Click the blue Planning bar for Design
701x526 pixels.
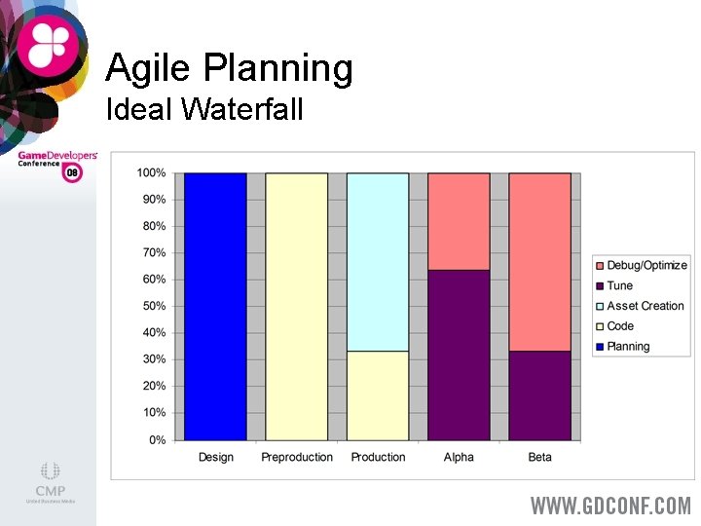pos(215,307)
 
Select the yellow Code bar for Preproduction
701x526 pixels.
pos(297,307)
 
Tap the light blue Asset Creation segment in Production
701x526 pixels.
pos(378,262)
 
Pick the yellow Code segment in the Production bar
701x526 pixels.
pos(378,395)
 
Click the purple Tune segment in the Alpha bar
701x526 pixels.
pos(459,355)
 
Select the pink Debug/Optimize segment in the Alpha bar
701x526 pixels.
pos(459,221)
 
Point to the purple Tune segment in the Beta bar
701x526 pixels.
pos(539,395)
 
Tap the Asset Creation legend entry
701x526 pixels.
pos(645,306)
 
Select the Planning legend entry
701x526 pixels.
pos(627,347)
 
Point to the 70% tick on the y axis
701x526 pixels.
pos(152,252)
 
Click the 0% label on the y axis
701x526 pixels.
pos(156,440)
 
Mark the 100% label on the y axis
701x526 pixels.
pos(150,172)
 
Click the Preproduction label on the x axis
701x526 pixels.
pos(297,458)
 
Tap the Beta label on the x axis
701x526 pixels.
pos(539,458)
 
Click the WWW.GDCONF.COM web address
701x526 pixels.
pos(610,506)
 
